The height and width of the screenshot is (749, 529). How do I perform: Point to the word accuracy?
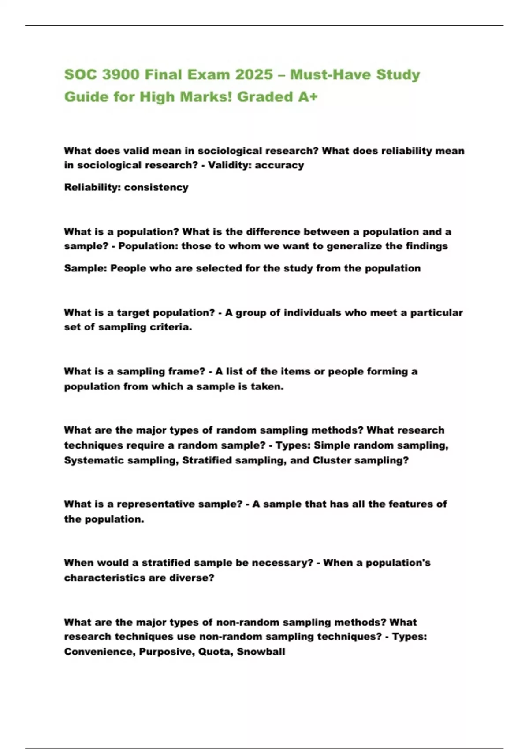click(x=279, y=165)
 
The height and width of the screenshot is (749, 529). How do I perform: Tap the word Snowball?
click(x=261, y=652)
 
